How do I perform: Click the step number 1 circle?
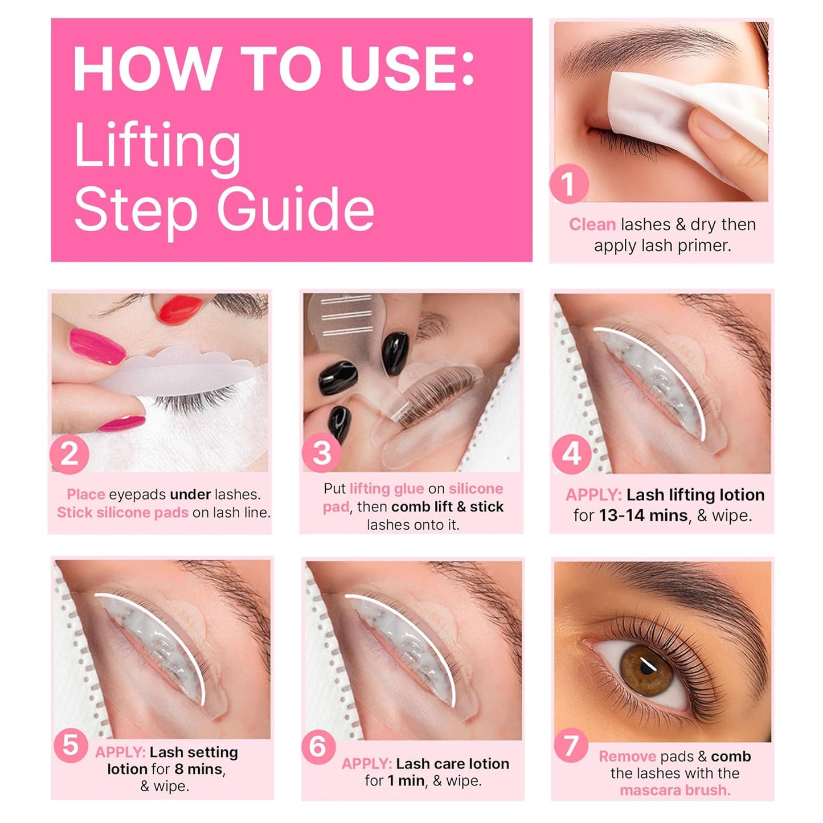coord(568,184)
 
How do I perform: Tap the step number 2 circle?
coord(69,454)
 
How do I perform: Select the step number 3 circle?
coord(322,453)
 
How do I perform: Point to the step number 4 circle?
coord(571,454)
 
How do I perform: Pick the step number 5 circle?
coord(71,745)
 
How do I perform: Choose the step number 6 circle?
coord(318,746)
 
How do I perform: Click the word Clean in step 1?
coord(592,224)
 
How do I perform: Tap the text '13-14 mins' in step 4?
coord(643,515)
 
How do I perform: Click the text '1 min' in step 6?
coord(406,781)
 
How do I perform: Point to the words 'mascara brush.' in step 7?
coord(675,791)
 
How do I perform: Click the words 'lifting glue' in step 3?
coord(386,489)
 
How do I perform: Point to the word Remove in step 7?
coord(627,756)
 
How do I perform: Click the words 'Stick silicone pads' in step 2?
coord(122,513)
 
